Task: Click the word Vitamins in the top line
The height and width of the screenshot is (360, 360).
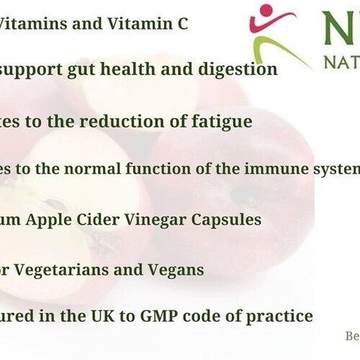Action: point(28,24)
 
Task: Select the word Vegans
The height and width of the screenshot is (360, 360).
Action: point(178,270)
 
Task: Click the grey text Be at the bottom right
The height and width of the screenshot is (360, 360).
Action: point(351,336)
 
